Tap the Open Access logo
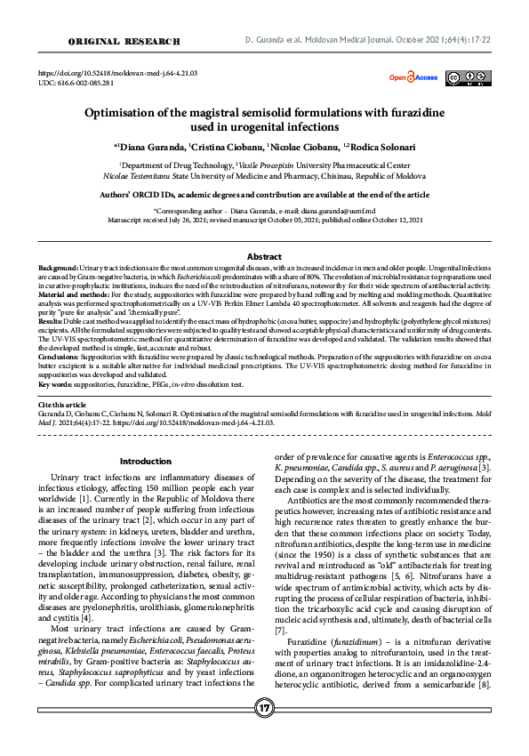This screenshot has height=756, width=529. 413,78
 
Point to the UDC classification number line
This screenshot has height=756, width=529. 76,83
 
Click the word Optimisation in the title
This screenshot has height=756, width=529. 126,113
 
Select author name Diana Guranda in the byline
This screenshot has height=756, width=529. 146,147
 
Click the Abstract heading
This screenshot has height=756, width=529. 264,256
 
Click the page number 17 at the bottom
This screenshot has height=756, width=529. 264,732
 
